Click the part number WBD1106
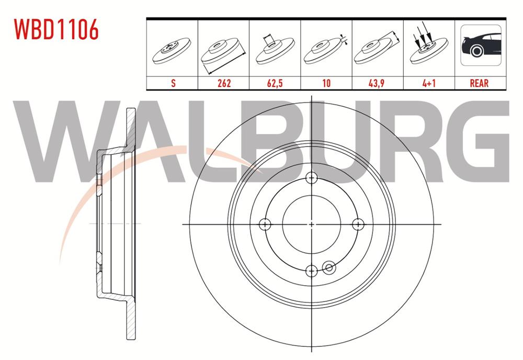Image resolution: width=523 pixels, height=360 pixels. (x=55, y=30)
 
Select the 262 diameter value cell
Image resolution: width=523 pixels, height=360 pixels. (x=223, y=83)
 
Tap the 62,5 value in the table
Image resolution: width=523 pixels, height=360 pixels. (x=275, y=83)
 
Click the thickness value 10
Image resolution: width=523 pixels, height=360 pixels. (x=326, y=83)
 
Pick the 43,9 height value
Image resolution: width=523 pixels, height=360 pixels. (x=378, y=83)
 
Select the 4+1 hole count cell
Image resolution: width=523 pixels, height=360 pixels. (x=429, y=83)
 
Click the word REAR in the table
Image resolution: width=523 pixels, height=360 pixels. (x=480, y=83)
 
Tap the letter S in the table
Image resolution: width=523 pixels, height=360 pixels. (x=173, y=83)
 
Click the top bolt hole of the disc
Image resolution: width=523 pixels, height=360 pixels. (x=312, y=178)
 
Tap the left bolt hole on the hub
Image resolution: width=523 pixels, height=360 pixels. (x=265, y=224)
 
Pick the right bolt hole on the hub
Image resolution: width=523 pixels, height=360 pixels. (x=358, y=224)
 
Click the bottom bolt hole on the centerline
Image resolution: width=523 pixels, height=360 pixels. (x=312, y=271)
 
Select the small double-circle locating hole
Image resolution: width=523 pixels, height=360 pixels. (x=329, y=268)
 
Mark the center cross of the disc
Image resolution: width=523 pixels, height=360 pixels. (x=312, y=224)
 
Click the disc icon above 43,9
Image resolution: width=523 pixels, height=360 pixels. (x=377, y=50)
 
